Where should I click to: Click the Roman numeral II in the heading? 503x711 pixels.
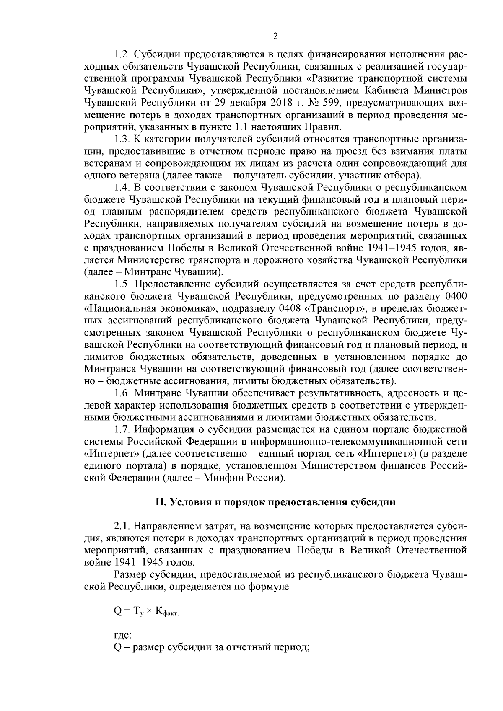point(160,502)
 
